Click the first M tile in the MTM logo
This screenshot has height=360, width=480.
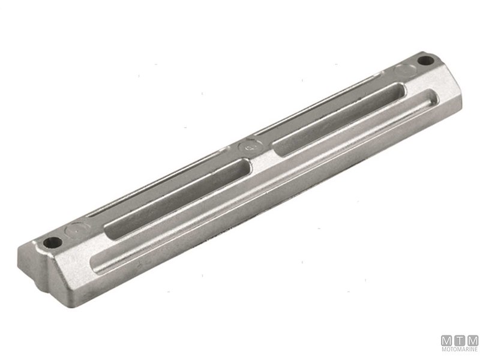pos(448,340)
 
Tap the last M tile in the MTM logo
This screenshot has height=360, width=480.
pos(473,340)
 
